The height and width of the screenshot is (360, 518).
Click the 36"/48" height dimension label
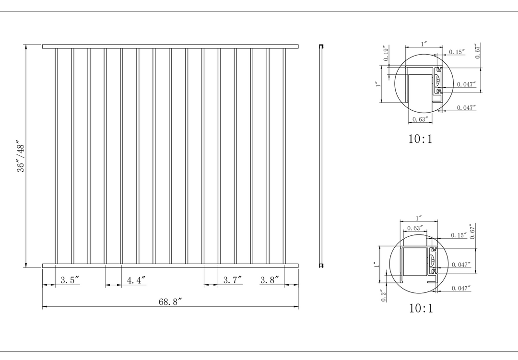pyautogui.click(x=21, y=158)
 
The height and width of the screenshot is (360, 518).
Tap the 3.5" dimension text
pyautogui.click(x=70, y=280)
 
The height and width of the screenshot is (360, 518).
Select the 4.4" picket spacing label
pyautogui.click(x=136, y=280)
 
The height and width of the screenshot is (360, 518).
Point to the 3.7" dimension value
pyautogui.click(x=233, y=280)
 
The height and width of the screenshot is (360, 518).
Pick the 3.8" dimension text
pyautogui.click(x=270, y=280)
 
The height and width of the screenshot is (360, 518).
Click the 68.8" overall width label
pyautogui.click(x=170, y=302)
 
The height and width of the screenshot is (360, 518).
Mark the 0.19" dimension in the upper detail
pyautogui.click(x=386, y=53)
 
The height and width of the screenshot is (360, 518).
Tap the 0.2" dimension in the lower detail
pyautogui.click(x=383, y=296)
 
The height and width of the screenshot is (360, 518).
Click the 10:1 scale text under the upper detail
pyautogui.click(x=420, y=139)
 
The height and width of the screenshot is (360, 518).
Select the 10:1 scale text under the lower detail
pyautogui.click(x=421, y=308)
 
